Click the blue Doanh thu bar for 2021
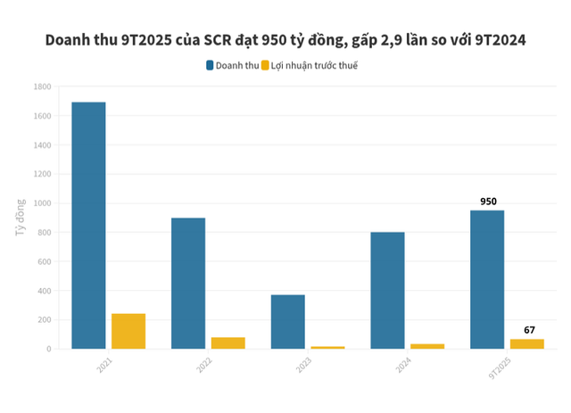coord(88,225)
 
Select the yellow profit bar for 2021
coord(128,331)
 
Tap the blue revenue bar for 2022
coord(188,283)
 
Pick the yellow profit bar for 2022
coord(228,343)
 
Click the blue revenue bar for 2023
coord(288,321)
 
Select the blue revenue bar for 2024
coord(387,290)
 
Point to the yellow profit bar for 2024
coord(427,346)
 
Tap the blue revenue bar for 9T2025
coord(487,279)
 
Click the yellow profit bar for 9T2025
coord(527,343)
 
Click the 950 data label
coord(488,202)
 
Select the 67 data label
coord(528,330)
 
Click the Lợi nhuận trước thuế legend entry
coord(313,65)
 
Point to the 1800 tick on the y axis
coord(41,87)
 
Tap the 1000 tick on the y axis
coord(41,203)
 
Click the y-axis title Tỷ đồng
coord(20,219)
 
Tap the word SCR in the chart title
coord(220,39)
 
